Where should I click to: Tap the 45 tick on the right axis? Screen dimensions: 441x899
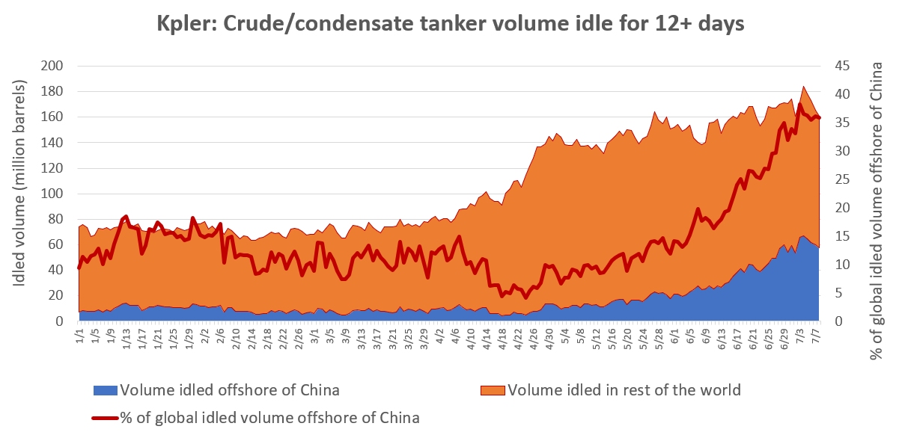(x=842, y=67)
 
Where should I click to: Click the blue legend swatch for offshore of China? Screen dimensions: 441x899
(x=105, y=390)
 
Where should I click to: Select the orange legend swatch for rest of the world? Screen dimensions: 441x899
(x=492, y=390)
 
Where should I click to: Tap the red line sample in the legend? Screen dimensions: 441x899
(x=105, y=417)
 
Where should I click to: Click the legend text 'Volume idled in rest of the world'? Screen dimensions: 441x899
(x=624, y=390)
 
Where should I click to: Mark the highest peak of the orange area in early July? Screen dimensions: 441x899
(x=803, y=87)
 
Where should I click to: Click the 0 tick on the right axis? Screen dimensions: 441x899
(x=839, y=321)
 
